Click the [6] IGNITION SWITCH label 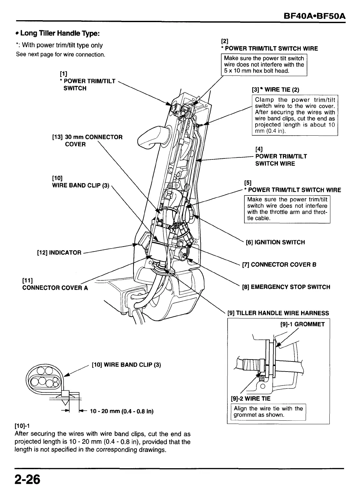pos(275,242)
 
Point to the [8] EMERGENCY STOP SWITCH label pos(286,287)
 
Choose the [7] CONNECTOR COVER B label pos(279,265)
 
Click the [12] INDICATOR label pos(59,252)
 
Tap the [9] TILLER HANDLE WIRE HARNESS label pos(278,313)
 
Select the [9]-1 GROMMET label pos(302,324)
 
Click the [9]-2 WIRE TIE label pos(250,399)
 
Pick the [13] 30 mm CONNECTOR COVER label pos(87,141)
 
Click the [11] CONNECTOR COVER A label pos(55,284)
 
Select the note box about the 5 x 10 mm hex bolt pos(264,65)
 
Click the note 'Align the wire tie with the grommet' pos(268,412)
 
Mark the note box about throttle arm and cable pos(287,209)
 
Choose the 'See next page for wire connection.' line pos(61,55)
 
